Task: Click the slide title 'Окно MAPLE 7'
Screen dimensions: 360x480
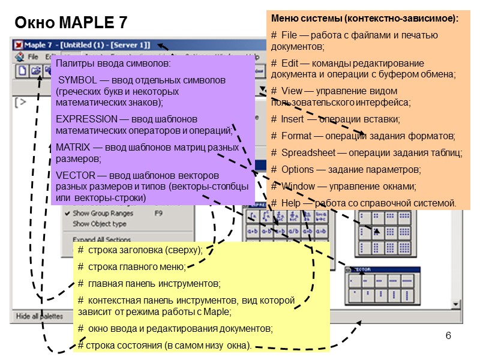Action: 70,23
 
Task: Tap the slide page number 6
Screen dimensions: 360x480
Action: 448,334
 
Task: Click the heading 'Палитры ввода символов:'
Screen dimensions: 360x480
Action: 113,63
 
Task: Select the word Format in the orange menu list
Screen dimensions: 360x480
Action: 295,136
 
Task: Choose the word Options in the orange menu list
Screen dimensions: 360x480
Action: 297,169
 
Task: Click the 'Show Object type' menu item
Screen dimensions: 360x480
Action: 99,224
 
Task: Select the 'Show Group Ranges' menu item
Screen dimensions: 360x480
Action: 102,213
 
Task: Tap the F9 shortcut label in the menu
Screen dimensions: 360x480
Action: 159,213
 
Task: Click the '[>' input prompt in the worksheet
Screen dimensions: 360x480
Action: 20,101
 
